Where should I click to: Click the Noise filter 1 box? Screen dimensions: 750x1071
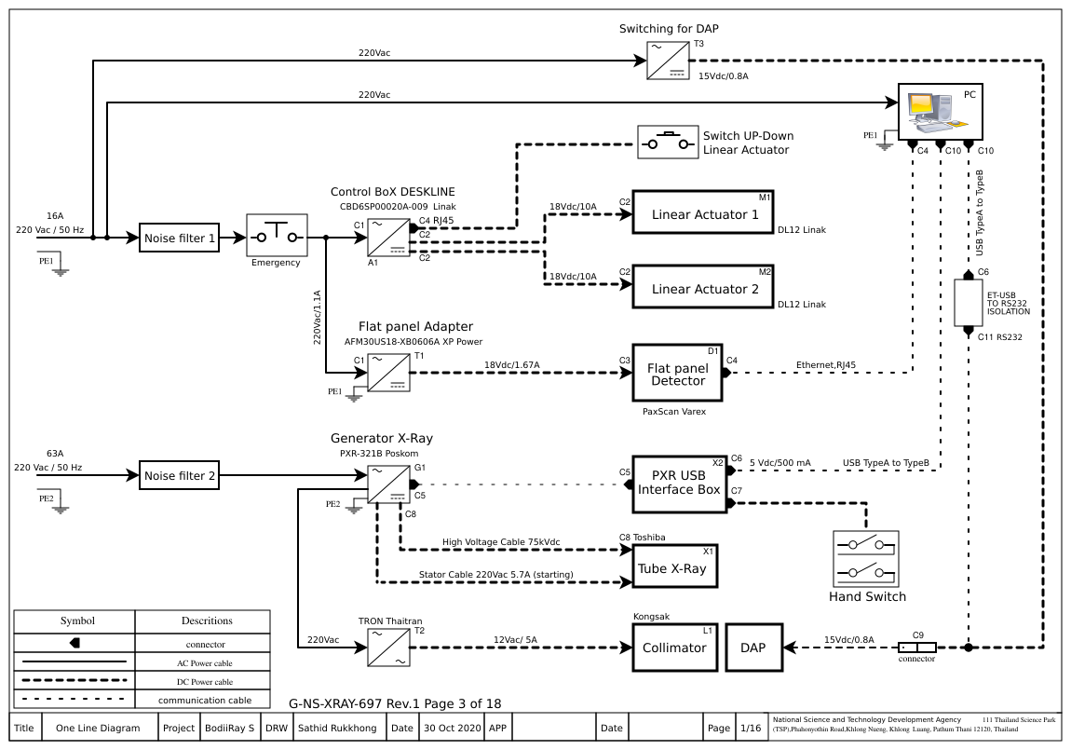tap(179, 239)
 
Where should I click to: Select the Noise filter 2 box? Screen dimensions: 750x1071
tap(180, 476)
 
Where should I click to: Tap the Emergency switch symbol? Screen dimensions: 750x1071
tap(276, 236)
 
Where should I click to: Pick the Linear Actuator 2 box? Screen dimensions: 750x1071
tap(703, 288)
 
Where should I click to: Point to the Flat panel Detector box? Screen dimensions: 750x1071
tap(677, 373)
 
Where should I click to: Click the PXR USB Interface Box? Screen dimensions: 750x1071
tap(679, 484)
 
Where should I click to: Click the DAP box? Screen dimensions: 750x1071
tap(752, 647)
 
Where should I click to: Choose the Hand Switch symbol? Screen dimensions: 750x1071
tap(866, 559)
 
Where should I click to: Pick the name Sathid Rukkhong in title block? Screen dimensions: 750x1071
tap(337, 728)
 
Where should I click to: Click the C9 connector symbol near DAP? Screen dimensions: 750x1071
tap(917, 647)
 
